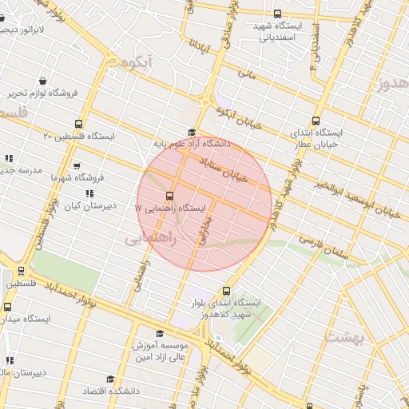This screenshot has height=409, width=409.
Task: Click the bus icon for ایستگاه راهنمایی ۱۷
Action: [169, 196]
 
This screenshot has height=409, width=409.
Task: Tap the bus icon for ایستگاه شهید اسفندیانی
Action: [277, 14]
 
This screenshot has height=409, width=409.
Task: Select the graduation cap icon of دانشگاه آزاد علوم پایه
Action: [191, 133]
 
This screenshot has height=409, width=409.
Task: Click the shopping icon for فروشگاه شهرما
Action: [77, 166]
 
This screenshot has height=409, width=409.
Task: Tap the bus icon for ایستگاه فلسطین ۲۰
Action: [78, 124]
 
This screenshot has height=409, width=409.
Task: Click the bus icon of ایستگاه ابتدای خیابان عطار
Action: [318, 121]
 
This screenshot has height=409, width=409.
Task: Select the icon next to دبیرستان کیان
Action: [90, 193]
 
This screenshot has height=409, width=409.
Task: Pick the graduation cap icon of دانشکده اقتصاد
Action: [110, 379]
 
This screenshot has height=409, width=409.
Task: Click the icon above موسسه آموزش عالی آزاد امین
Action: [159, 334]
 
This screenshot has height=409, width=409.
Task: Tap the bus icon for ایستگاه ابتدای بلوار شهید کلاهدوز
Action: [227, 292]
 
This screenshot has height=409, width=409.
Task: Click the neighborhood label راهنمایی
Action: [149, 238]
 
